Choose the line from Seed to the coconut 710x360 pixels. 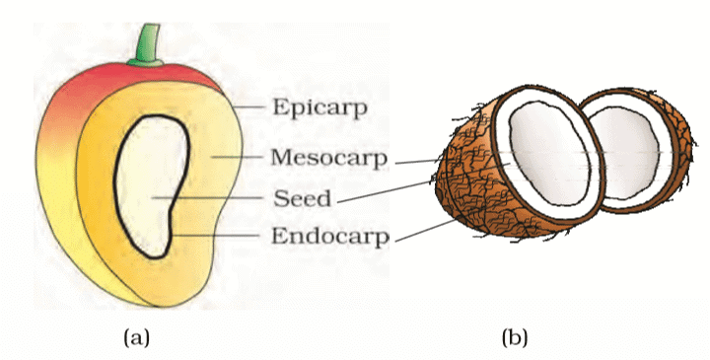394,189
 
